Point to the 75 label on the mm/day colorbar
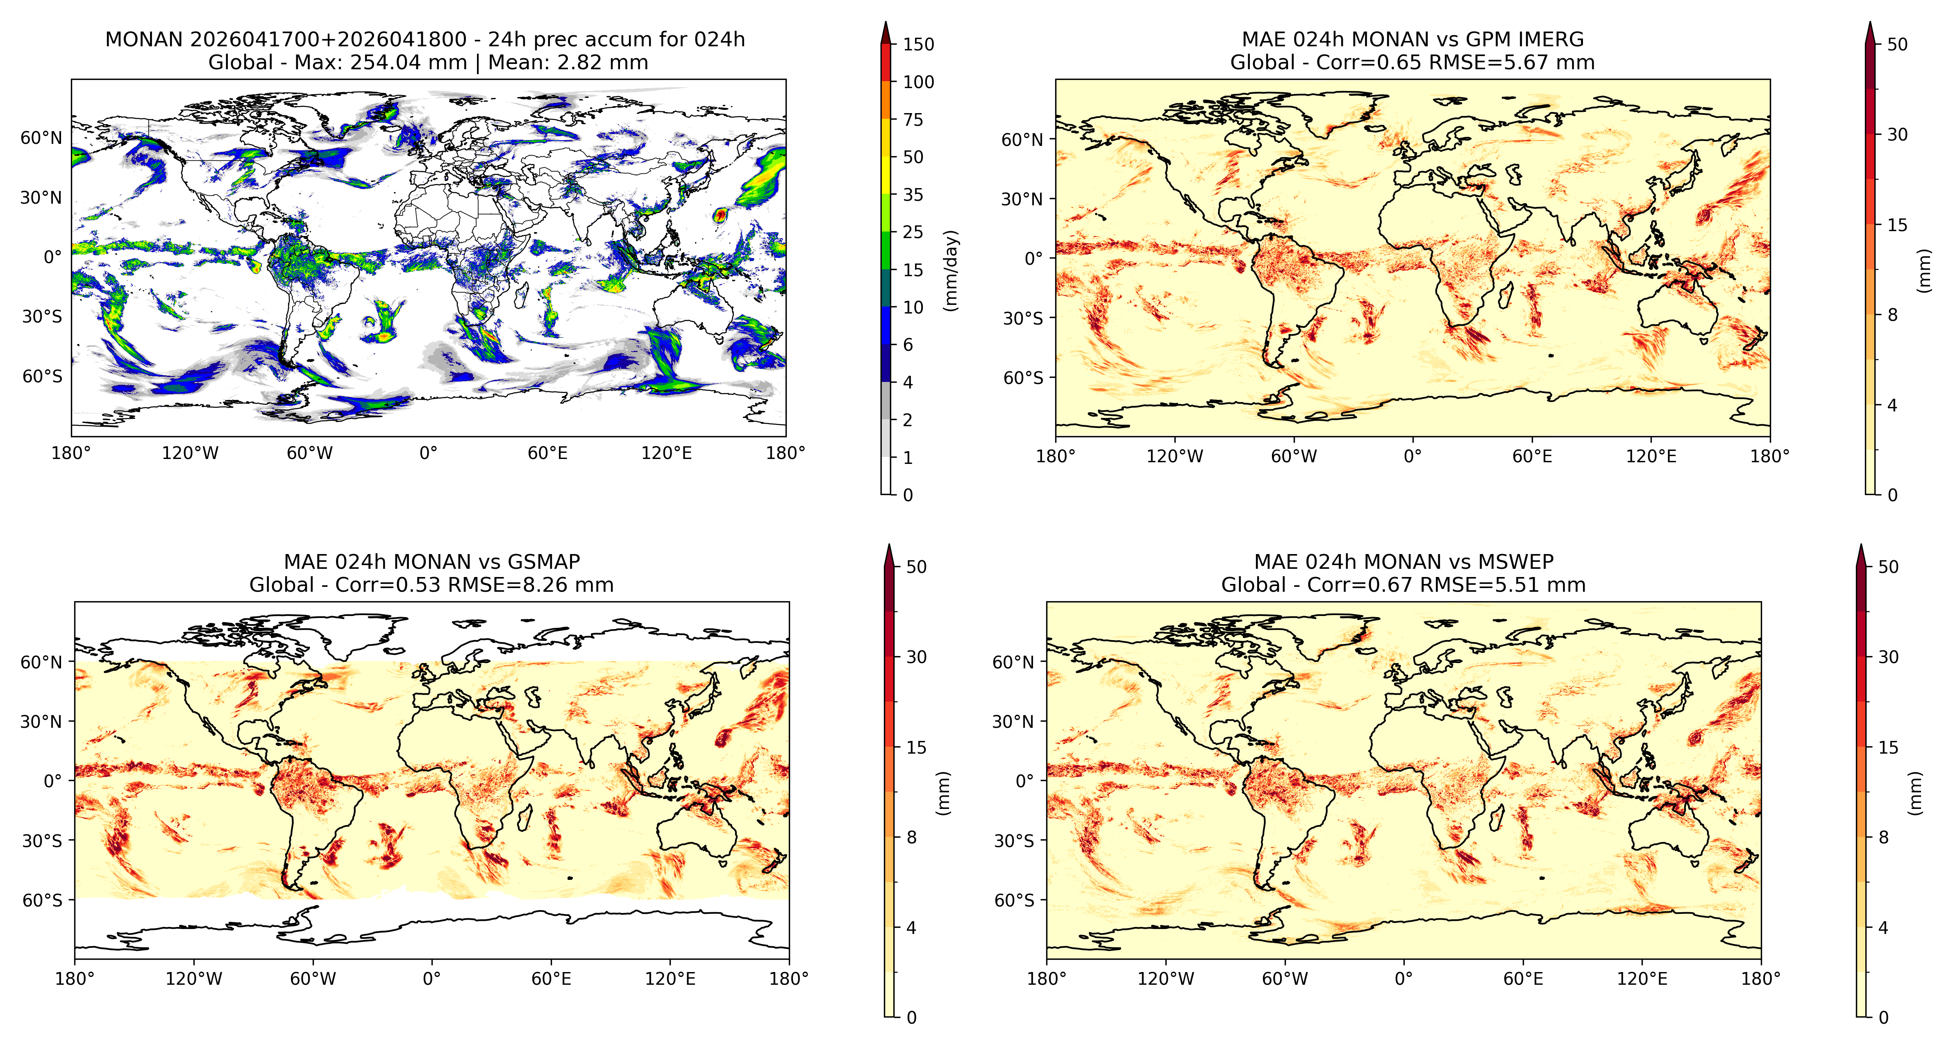(x=913, y=120)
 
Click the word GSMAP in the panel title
(x=544, y=562)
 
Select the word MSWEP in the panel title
(x=1517, y=562)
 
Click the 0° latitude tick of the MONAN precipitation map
(x=52, y=257)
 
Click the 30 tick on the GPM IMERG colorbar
(x=1897, y=135)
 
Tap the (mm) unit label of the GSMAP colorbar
(x=942, y=793)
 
